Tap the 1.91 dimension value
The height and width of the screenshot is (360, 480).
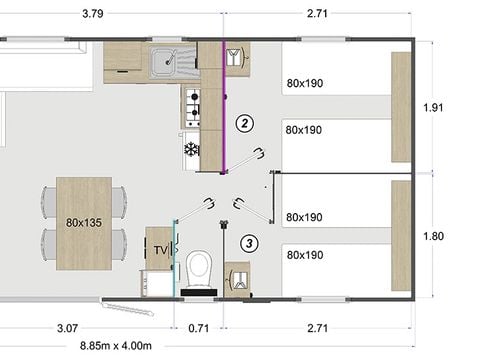tap(432, 107)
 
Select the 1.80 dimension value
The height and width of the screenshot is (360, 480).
tap(432, 237)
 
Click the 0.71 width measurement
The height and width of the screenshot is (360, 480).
tap(199, 327)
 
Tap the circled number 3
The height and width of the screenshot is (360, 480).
tap(249, 242)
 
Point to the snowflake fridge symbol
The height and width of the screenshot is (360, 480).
tap(190, 150)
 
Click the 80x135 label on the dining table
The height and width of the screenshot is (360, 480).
tap(84, 223)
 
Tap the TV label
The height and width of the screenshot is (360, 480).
tap(159, 249)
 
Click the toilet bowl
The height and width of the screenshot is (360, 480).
tap(199, 267)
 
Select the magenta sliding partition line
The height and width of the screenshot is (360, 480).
tap(225, 100)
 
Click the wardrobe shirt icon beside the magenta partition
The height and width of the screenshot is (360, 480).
tap(237, 58)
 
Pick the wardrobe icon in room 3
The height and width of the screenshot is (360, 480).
tap(237, 278)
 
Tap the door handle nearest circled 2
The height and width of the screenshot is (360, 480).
tap(260, 152)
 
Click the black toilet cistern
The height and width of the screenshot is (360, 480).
tap(199, 290)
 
